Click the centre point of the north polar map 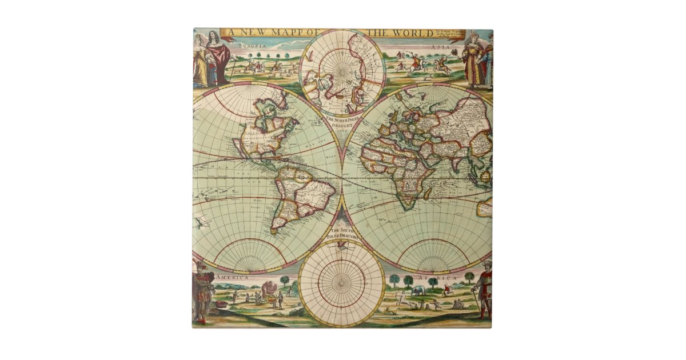point(342,73)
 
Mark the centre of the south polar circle point(342,283)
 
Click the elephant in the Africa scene point(418,291)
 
